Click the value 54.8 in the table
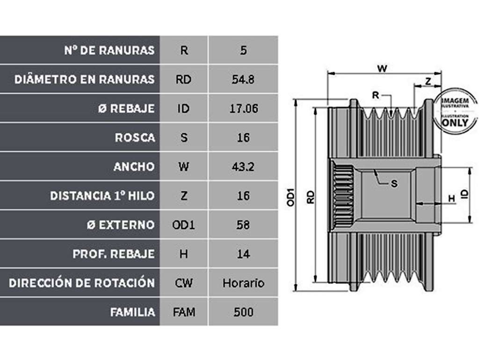[243, 79]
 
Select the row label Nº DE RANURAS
[109, 50]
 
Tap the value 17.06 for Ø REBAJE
[243, 108]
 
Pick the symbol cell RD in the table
[183, 79]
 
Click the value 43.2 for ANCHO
[243, 167]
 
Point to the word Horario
[243, 283]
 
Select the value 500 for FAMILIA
[243, 312]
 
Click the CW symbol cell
[183, 283]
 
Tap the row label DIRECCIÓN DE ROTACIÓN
[81, 283]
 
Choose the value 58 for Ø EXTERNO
[243, 225]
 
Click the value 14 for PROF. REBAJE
[243, 254]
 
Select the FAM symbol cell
[184, 312]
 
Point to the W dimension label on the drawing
[382, 68]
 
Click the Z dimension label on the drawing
[428, 81]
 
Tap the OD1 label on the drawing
[291, 197]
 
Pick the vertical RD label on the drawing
[311, 197]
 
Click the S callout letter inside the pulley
[394, 184]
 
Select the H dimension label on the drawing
[451, 199]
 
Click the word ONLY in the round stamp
[455, 123]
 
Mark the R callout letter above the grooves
[376, 95]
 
